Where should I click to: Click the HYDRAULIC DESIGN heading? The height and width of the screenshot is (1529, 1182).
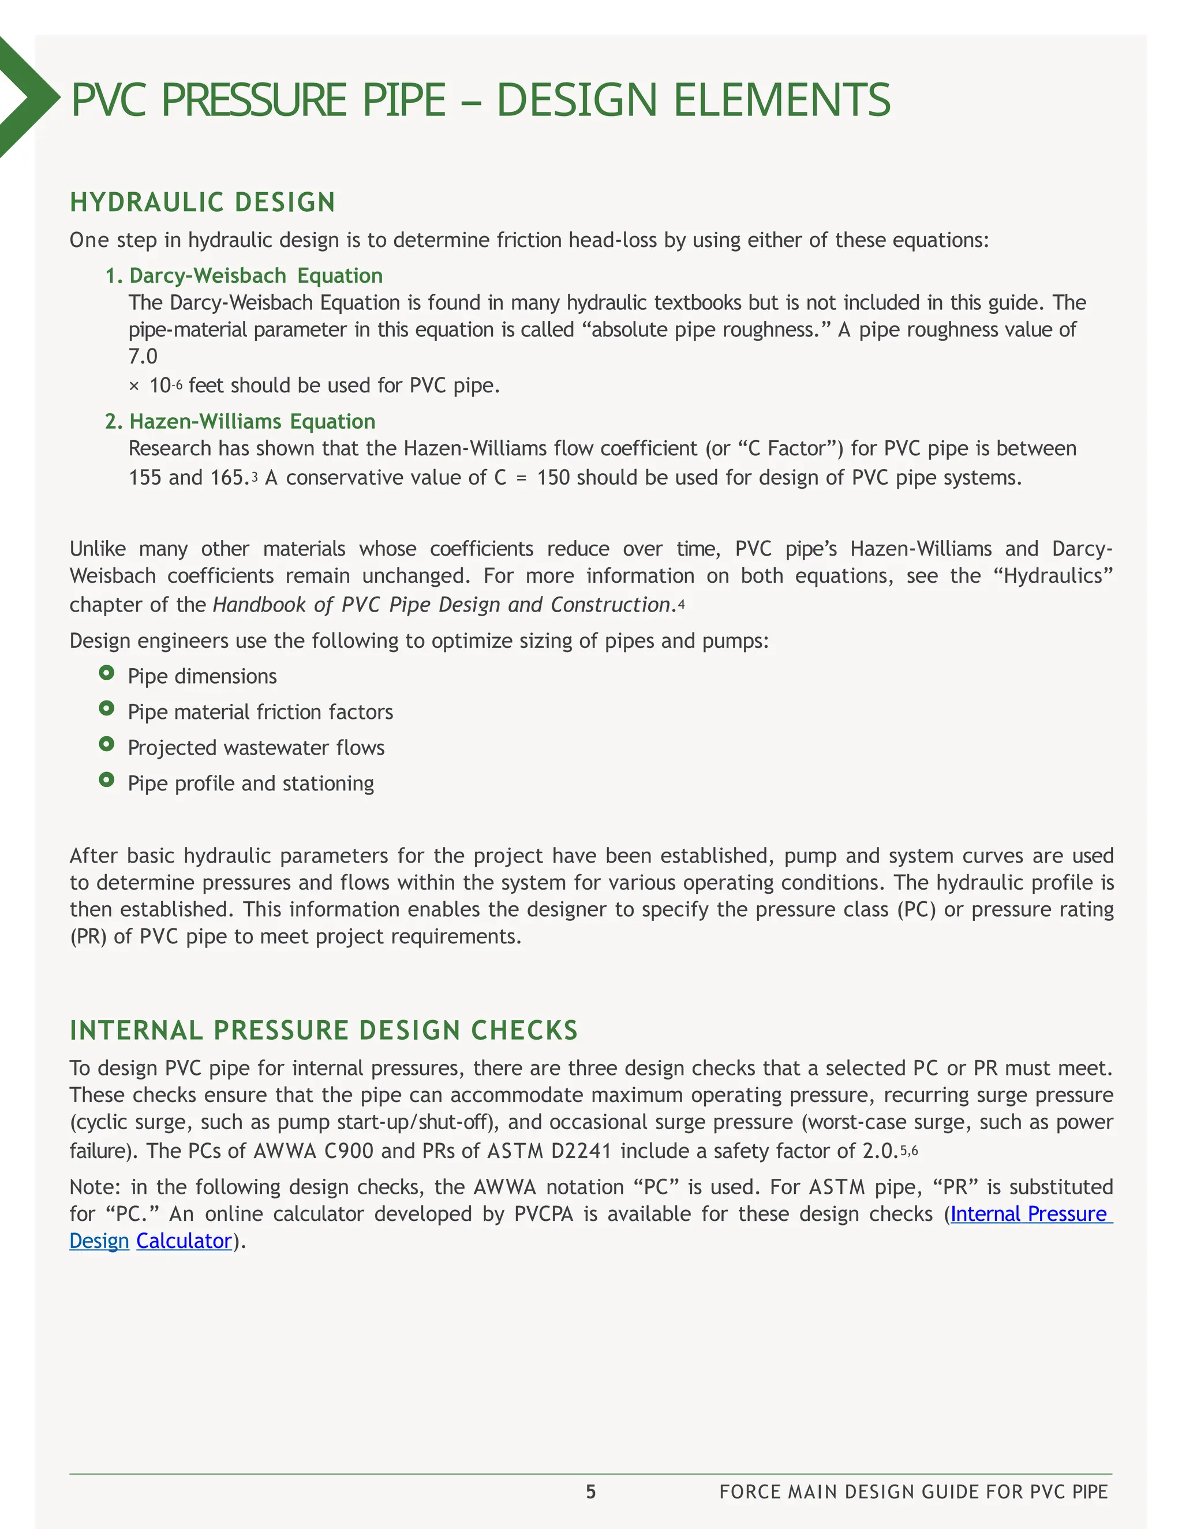203,203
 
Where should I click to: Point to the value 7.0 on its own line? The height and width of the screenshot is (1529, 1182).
143,357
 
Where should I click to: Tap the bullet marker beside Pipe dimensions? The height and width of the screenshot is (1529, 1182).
106,673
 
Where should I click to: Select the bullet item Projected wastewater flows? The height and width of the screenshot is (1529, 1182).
256,748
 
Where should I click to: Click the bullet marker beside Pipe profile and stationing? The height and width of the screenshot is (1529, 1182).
106,779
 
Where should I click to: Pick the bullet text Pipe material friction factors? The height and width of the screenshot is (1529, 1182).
260,712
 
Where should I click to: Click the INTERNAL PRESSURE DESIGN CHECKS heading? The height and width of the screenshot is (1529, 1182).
324,1030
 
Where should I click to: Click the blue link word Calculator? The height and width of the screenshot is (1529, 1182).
184,1241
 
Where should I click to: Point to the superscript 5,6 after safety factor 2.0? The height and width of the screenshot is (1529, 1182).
909,1151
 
